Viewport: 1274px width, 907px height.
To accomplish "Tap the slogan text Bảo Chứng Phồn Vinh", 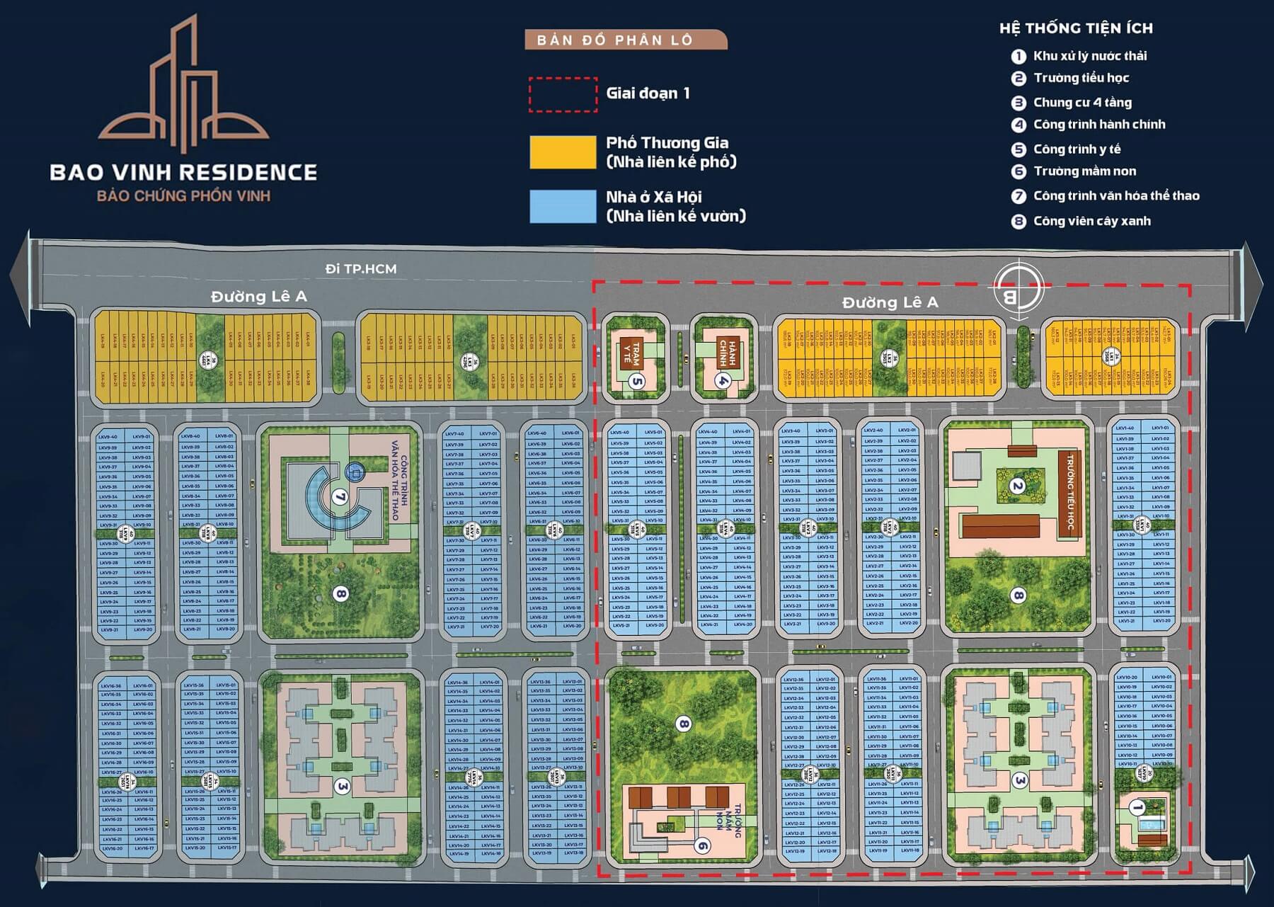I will pyautogui.click(x=183, y=195).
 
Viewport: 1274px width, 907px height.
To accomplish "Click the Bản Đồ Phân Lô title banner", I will pyautogui.click(x=625, y=40).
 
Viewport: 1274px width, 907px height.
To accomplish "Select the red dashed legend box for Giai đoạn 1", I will pyautogui.click(x=563, y=94).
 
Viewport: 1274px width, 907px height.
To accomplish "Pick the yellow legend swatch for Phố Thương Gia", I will pyautogui.click(x=563, y=152).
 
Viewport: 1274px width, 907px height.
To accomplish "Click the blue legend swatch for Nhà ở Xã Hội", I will pyautogui.click(x=563, y=207).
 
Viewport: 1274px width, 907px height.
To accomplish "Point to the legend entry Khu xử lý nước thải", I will pyautogui.click(x=1089, y=56).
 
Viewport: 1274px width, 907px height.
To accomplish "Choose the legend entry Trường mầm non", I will pyautogui.click(x=1084, y=171).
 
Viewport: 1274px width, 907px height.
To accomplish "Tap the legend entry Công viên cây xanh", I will pyautogui.click(x=1091, y=221).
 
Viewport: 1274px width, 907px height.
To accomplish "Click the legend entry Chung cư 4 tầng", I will pyautogui.click(x=1082, y=103).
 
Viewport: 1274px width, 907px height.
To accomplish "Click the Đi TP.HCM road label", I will pyautogui.click(x=361, y=269).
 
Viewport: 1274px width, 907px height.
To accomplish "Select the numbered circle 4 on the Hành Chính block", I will pyautogui.click(x=723, y=380).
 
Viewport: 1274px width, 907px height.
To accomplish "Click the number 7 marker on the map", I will pyautogui.click(x=340, y=497).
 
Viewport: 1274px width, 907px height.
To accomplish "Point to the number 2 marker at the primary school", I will pyautogui.click(x=1018, y=486).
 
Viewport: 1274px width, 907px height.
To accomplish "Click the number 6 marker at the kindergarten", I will pyautogui.click(x=701, y=845).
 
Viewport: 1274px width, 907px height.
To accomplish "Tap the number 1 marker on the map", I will pyautogui.click(x=1137, y=807).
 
